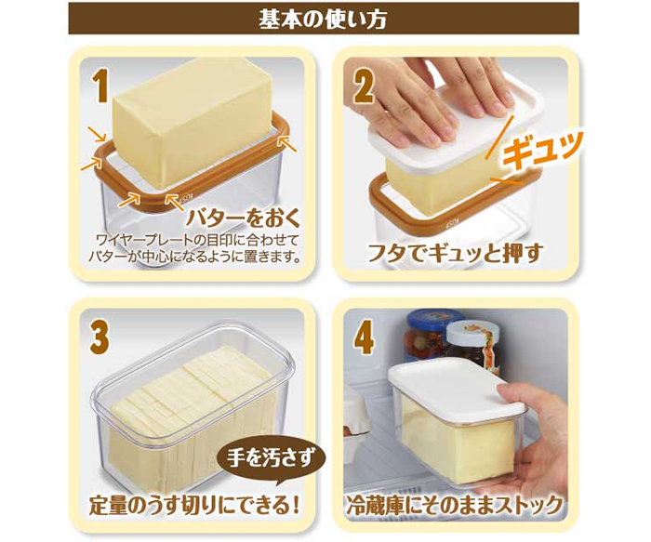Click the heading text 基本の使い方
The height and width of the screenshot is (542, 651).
pyautogui.click(x=323, y=20)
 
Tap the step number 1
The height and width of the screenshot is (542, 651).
pyautogui.click(x=100, y=86)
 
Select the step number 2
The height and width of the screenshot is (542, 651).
pyautogui.click(x=363, y=86)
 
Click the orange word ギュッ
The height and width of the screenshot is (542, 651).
pyautogui.click(x=542, y=150)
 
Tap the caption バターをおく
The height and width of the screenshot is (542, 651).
pyautogui.click(x=243, y=218)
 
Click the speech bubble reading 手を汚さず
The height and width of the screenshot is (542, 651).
pyautogui.click(x=271, y=460)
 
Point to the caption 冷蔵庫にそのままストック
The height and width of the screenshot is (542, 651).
pyautogui.click(x=454, y=505)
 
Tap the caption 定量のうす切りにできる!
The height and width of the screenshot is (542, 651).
pyautogui.click(x=193, y=506)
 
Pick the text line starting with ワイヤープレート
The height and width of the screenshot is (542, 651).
pyautogui.click(x=197, y=240)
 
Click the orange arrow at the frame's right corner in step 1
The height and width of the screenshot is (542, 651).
pyautogui.click(x=287, y=143)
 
